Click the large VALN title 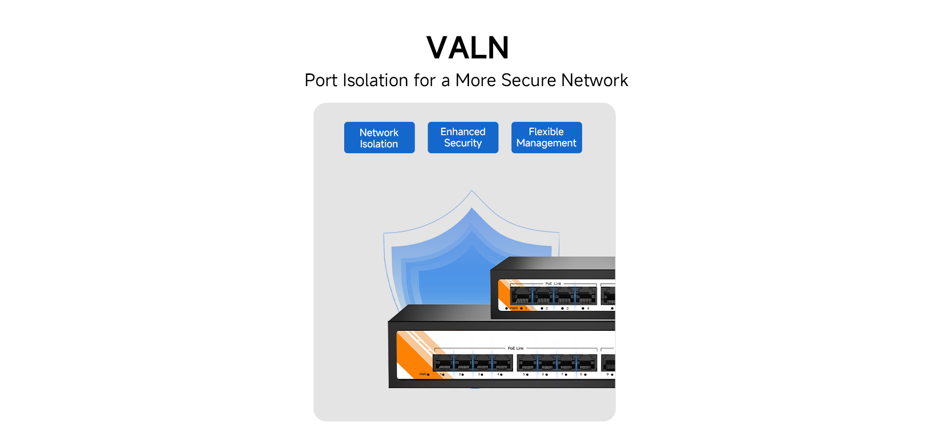point(468,48)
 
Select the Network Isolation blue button point(379,138)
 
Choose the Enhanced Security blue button point(463,138)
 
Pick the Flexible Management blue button point(546,138)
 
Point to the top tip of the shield point(471,191)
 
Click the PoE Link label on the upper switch point(553,283)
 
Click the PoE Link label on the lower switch point(516,348)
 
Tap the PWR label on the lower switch point(423,374)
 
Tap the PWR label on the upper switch point(514,308)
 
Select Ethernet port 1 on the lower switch point(444,363)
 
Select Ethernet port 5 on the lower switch point(527,363)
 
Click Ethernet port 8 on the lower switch point(586,363)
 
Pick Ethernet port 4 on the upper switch point(586,296)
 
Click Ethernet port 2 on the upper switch point(543,296)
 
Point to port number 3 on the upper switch point(567,308)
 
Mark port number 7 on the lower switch point(562,374)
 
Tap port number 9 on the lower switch point(608,374)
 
